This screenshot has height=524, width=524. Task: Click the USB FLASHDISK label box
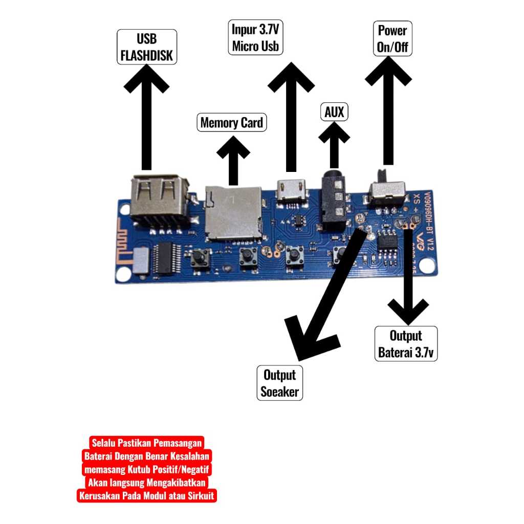pos(147,47)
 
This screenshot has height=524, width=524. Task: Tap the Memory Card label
pos(232,123)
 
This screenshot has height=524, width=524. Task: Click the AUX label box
pos(334,112)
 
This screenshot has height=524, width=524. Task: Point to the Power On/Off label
pos(392,38)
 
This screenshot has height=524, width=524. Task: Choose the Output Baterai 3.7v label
pos(406,344)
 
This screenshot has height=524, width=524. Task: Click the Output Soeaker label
pos(280,383)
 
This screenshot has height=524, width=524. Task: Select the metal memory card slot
pos(232,212)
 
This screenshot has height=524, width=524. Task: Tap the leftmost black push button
pos(199,258)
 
